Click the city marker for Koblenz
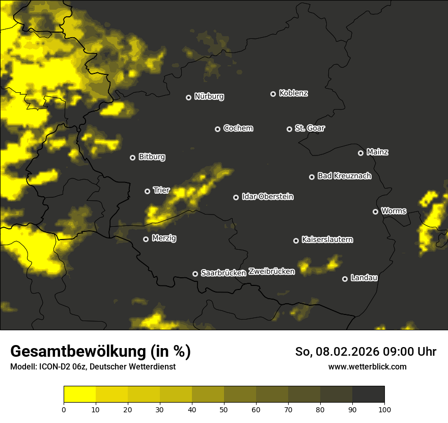273,94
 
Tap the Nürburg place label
209,96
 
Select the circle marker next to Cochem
217,129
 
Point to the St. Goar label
310,128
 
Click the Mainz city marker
361,153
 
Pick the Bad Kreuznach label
344,176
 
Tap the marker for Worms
376,211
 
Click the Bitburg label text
152,157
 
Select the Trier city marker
148,191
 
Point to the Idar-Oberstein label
267,196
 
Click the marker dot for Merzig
146,239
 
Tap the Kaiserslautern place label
327,240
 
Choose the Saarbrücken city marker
195,274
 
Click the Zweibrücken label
271,272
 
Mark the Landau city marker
345,279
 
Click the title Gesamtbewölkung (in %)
100,352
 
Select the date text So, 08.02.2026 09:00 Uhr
366,352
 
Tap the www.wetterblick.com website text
367,366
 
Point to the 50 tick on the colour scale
224,409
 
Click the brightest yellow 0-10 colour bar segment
79,394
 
